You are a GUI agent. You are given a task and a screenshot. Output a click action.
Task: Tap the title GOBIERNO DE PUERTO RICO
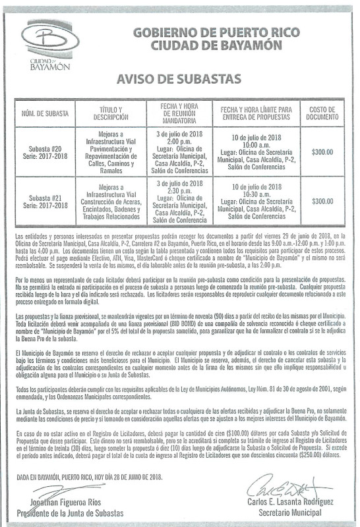(x=216, y=31)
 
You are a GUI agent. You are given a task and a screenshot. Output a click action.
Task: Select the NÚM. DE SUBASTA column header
(x=44, y=113)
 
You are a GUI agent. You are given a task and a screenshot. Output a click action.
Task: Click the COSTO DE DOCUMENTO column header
(x=322, y=113)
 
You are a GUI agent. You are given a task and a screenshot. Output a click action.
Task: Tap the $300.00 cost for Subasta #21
(x=322, y=201)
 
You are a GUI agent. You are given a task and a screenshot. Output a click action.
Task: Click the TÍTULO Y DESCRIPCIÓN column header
(x=110, y=113)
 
